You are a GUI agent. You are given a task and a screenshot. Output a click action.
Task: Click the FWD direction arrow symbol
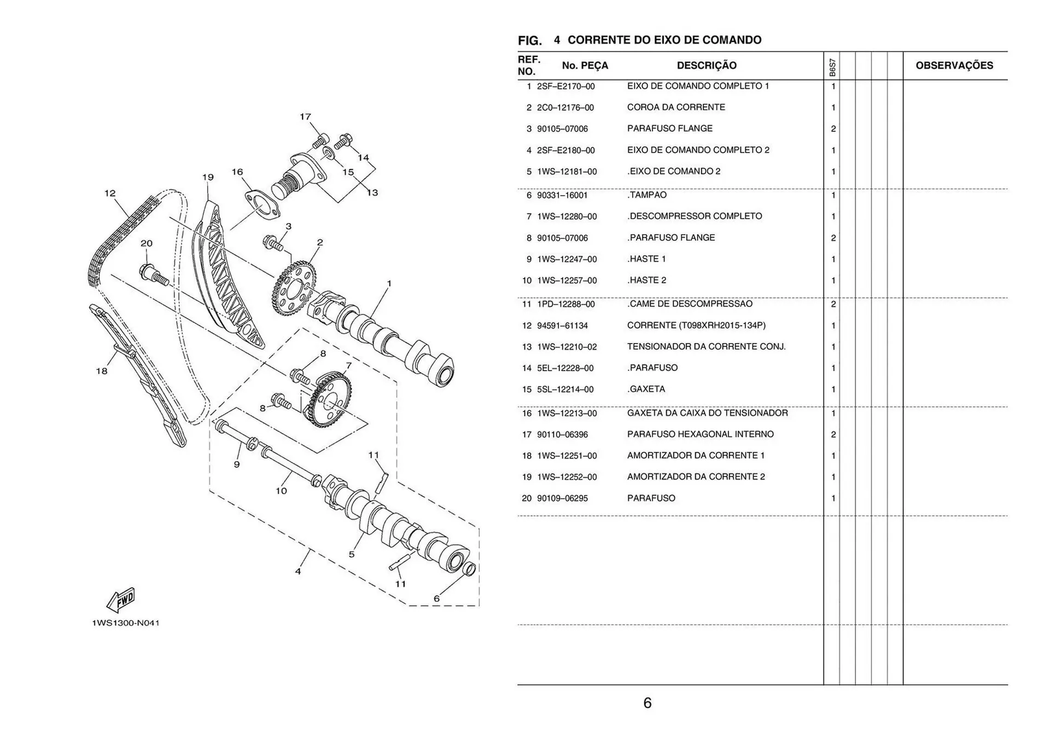pos(121,600)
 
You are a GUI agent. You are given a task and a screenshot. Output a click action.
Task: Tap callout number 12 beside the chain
pos(110,193)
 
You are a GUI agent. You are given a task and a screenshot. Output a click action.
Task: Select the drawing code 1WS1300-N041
pos(126,623)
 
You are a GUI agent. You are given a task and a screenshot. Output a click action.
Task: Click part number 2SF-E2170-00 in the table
pos(565,86)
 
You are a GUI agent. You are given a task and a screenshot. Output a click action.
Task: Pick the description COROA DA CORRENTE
pos(676,107)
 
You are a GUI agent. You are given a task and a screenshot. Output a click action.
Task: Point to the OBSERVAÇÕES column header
pos(954,66)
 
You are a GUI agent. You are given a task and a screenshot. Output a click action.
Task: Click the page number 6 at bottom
pos(647,703)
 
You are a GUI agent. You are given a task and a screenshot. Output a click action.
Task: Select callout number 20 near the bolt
pos(146,243)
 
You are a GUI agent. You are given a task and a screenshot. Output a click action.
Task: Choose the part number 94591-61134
pos(562,326)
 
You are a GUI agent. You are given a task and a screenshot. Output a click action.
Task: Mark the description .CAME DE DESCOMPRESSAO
pos(690,304)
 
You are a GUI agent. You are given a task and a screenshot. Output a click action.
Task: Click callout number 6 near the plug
pos(436,598)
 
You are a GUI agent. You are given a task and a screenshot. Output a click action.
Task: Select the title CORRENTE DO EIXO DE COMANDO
pos(664,40)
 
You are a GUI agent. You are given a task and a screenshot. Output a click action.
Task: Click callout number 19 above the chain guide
pos(208,177)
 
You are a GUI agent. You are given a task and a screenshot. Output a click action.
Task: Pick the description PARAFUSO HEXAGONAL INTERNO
pos(700,434)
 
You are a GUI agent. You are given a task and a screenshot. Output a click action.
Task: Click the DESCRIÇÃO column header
pos(707,66)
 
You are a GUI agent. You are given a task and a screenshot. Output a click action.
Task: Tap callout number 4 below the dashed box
pos(298,571)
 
